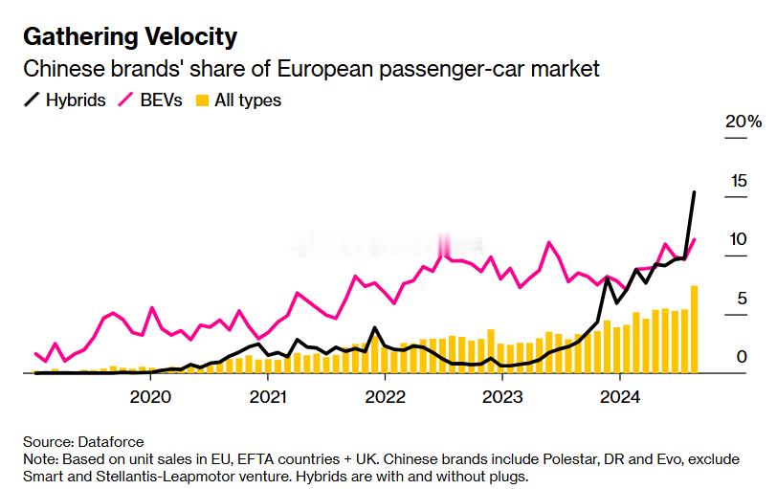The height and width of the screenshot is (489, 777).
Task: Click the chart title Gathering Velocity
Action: pos(129,37)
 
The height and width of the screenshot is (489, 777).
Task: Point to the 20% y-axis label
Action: pos(744,122)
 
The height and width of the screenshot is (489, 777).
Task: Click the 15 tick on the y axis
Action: pos(737,181)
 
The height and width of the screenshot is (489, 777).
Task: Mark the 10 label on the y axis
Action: pos(737,239)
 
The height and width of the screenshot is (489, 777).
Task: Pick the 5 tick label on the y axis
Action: pos(741,299)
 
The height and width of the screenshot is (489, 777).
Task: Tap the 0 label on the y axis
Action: pos(741,357)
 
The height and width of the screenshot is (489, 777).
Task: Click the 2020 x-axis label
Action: pos(150,397)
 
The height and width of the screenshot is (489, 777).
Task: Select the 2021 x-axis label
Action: pos(268,397)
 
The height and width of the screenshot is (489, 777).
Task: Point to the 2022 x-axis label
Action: pos(386,397)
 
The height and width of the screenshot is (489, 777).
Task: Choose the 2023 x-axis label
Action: pos(502,397)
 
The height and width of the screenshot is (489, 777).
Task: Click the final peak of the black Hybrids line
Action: pos(694,192)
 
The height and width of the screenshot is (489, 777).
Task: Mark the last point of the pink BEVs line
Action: pos(695,239)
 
